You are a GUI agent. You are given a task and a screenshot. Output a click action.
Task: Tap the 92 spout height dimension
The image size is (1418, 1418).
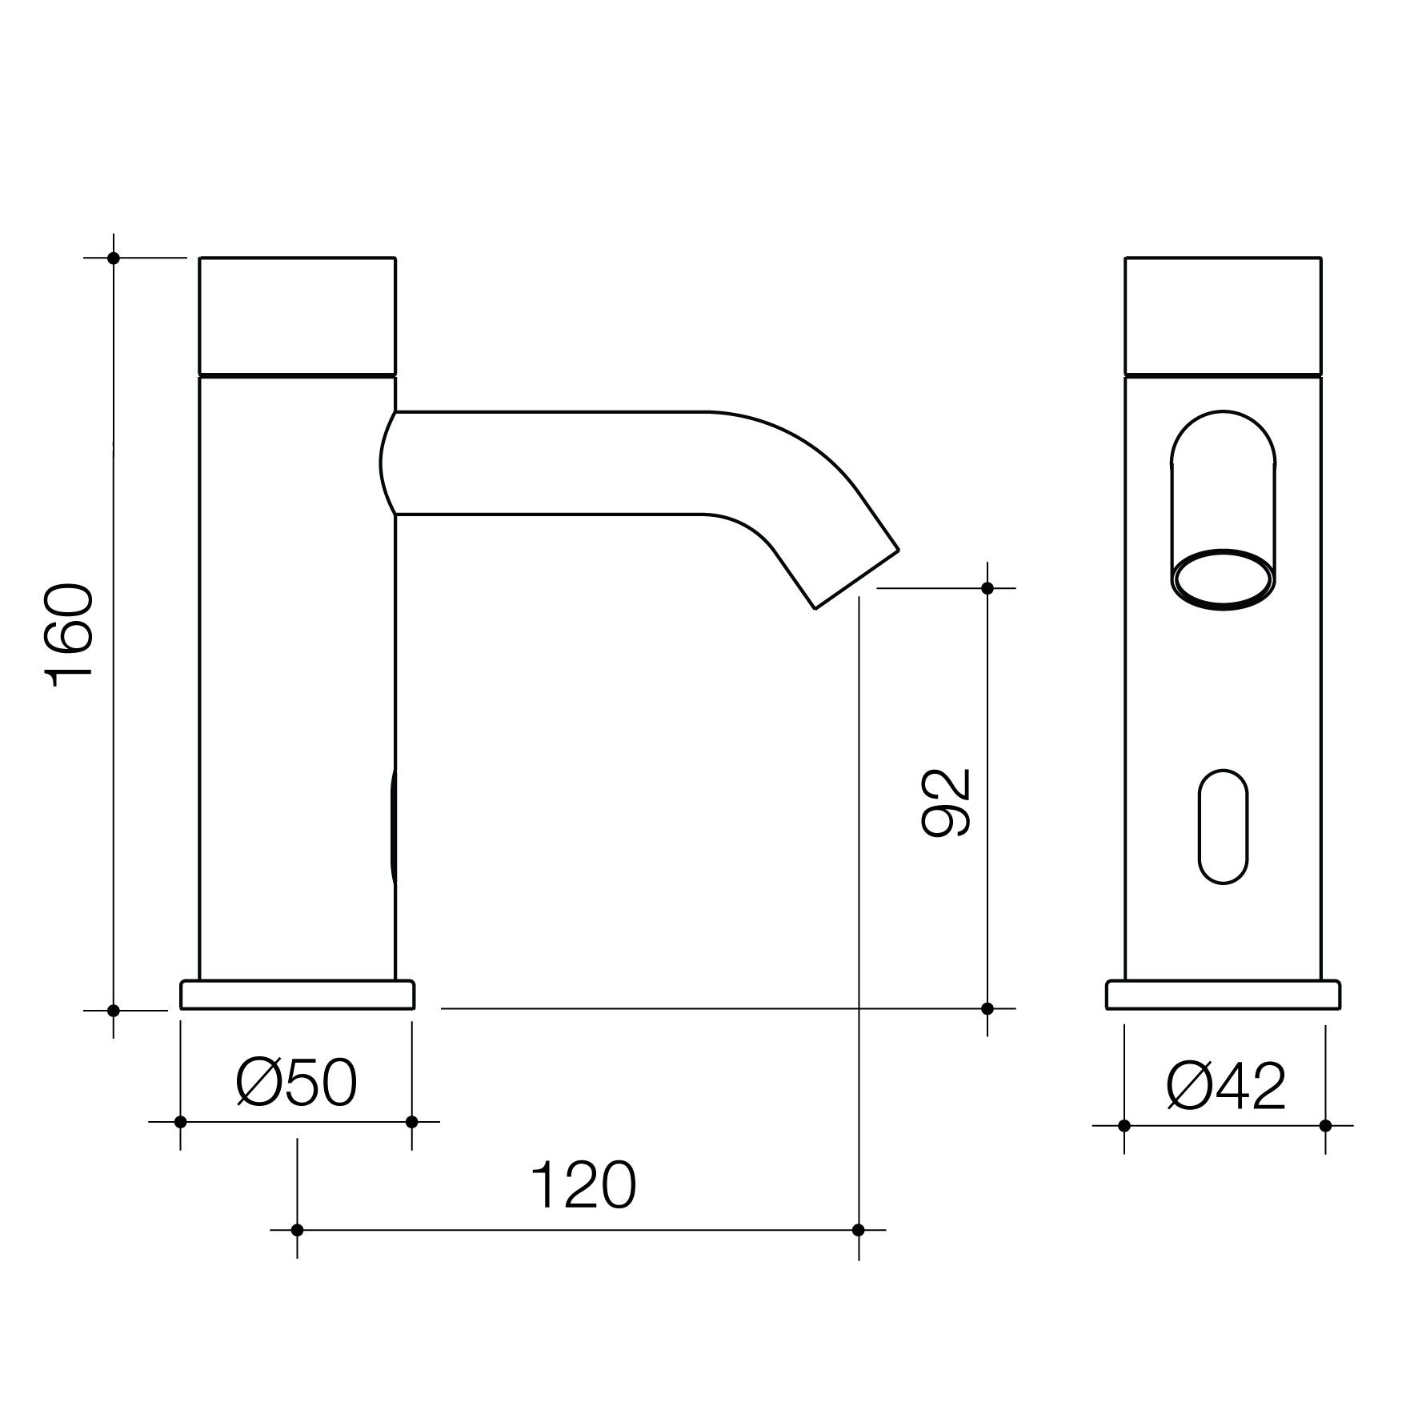pos(947,803)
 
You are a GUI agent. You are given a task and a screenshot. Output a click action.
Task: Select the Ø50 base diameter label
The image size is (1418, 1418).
pos(296,1084)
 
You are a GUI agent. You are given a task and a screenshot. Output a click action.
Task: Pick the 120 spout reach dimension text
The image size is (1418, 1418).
pos(583,1186)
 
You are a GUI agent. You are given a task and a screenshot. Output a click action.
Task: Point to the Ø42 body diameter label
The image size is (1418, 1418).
pos(1226,1086)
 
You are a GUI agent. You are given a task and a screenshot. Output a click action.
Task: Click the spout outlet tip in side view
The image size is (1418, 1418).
pos(857,579)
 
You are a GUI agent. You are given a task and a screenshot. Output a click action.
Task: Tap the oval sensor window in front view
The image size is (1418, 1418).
pos(1223,827)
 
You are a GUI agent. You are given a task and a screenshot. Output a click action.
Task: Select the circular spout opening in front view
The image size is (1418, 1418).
pos(1223,579)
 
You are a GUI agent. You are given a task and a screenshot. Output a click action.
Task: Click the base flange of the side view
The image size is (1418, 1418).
pos(297,995)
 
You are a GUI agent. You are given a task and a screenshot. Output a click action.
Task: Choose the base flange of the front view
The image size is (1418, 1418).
pos(1223,995)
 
